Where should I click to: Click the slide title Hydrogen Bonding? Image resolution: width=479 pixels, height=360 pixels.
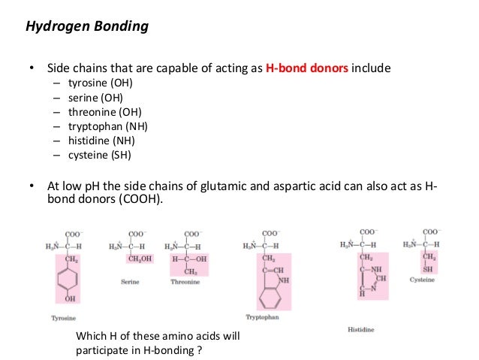point(87,27)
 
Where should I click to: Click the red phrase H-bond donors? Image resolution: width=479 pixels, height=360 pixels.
point(306,69)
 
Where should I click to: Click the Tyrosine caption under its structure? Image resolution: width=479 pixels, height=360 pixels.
point(63,318)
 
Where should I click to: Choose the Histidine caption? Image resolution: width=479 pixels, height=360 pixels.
point(362,329)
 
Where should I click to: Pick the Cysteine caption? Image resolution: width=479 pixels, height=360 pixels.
point(422,280)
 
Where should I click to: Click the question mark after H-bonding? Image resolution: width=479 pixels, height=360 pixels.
point(201,349)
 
